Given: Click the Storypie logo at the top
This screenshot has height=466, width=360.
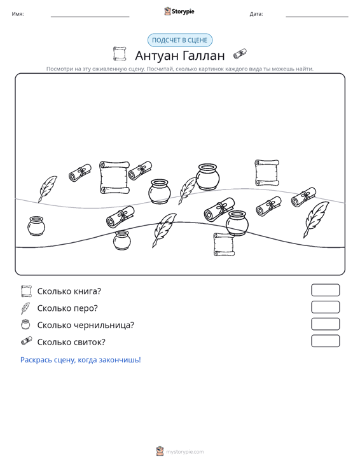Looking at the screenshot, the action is (179, 11).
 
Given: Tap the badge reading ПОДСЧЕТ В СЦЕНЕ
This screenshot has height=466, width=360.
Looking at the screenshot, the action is (180, 40).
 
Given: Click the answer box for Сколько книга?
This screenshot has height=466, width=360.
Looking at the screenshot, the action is (325, 290).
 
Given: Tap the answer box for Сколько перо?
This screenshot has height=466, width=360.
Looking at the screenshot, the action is (325, 307).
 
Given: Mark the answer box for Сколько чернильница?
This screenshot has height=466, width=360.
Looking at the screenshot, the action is (325, 324).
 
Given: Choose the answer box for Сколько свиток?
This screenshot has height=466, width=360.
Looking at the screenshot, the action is (325, 341).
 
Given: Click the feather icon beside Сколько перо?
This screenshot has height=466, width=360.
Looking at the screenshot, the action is (25, 308).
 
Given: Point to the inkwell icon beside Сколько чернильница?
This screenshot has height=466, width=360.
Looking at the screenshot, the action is (25, 324).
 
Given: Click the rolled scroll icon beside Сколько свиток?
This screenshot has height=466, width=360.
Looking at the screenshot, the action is (27, 341).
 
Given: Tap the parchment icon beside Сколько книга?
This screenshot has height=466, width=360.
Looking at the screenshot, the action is (26, 291).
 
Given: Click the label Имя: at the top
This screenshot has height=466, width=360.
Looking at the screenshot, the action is (18, 14).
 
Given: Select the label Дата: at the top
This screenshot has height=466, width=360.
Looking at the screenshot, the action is (256, 14).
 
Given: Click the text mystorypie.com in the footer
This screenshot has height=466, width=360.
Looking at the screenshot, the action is (185, 452).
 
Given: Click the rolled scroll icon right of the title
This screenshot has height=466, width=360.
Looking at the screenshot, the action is (240, 54).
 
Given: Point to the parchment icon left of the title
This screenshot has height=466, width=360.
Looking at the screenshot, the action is (120, 54).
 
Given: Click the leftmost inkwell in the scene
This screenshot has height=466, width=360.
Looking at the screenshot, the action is (36, 226).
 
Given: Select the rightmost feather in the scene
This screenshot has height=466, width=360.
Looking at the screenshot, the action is (315, 219).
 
